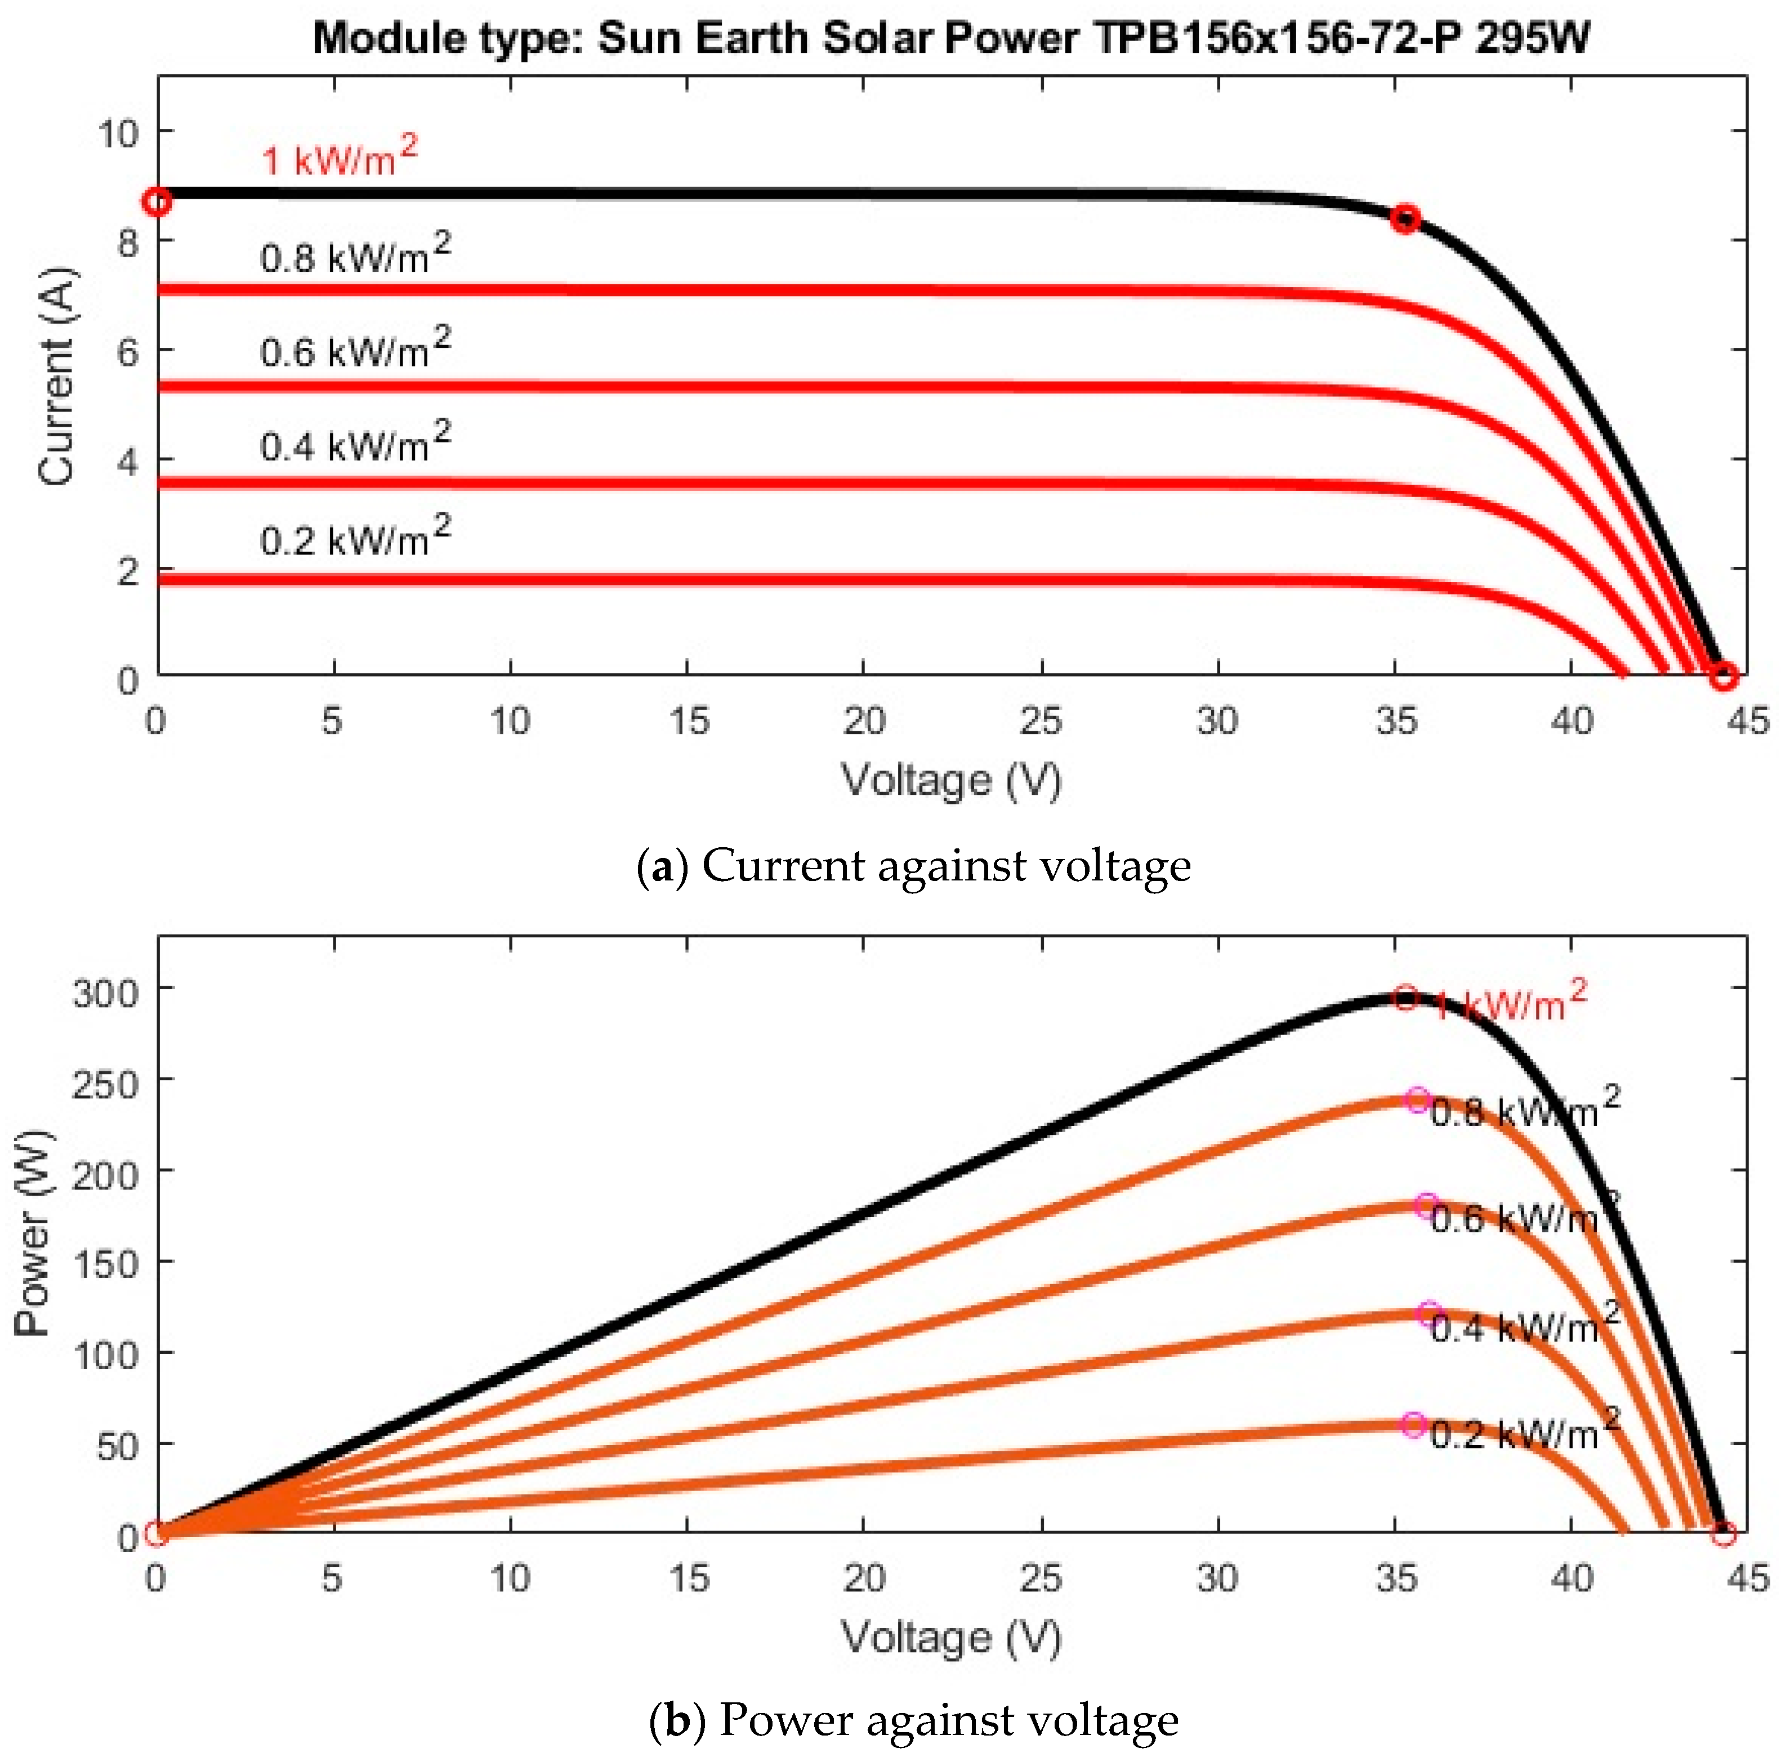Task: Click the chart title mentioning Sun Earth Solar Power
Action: point(951,39)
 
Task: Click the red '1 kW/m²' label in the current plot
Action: point(339,158)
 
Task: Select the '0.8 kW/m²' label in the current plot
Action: point(355,255)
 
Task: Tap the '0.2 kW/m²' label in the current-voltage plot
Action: point(355,538)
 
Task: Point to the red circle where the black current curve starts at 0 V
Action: point(158,202)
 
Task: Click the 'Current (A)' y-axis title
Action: point(57,375)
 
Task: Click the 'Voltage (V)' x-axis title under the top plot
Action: point(951,780)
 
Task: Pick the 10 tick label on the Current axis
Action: point(117,133)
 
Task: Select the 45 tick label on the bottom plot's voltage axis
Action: point(1747,1578)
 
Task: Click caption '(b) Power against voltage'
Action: point(913,1720)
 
